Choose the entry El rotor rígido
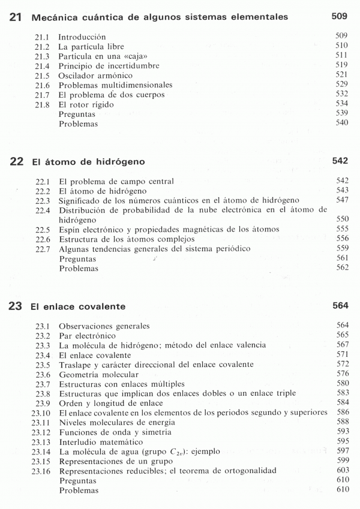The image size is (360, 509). pos(86,104)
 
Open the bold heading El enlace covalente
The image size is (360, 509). pos(78,306)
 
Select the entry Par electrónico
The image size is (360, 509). pos(87,335)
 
